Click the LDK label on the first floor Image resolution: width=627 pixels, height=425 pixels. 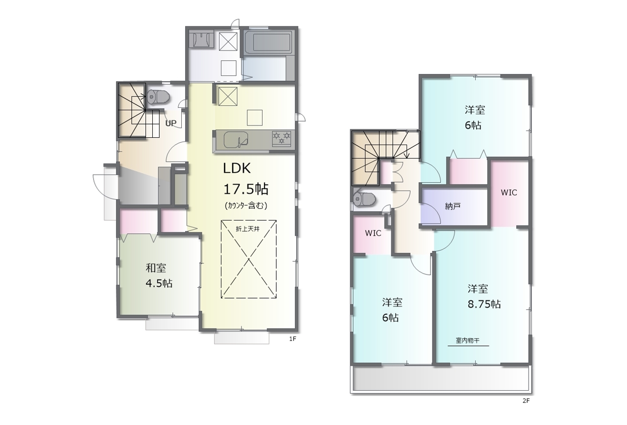tap(237, 168)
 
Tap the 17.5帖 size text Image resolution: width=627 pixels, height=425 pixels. tap(246, 189)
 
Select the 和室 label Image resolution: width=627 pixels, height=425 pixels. tap(156, 268)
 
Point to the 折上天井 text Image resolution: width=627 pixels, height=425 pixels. tap(248, 229)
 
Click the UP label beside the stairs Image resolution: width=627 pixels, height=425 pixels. tap(171, 123)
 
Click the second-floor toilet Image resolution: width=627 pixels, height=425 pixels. tap(363, 199)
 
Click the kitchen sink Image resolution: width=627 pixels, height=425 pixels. tap(236, 139)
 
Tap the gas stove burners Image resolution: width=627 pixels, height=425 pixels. tap(282, 139)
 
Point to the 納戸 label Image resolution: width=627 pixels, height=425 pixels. tap(453, 206)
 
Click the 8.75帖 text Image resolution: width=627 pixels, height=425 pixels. tap(484, 304)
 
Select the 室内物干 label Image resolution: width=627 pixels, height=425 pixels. tap(467, 340)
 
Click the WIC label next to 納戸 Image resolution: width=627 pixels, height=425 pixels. tap(509, 193)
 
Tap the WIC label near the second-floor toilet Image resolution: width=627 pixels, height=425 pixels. tap(373, 233)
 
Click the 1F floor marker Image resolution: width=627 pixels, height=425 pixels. tap(292, 339)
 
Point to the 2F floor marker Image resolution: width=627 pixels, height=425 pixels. tap(526, 401)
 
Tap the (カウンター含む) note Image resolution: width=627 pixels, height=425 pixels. tap(246, 205)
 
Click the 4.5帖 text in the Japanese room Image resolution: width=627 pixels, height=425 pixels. tap(159, 283)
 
